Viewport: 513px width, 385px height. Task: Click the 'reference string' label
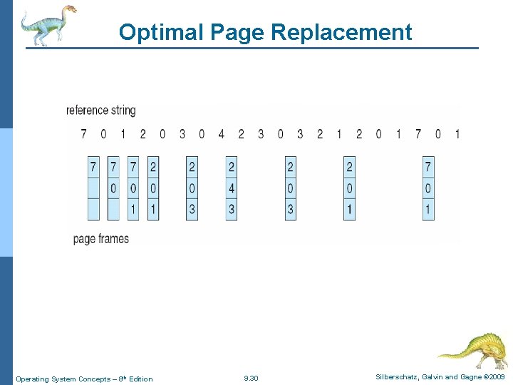[100, 111]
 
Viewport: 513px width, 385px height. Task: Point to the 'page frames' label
[101, 239]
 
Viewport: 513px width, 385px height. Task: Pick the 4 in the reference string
[221, 134]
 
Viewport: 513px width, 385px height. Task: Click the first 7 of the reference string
[83, 134]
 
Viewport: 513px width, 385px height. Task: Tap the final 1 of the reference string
[457, 134]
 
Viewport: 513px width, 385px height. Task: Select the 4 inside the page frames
[232, 188]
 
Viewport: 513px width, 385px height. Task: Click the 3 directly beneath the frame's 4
[232, 210]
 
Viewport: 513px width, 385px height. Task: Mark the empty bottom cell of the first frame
[93, 210]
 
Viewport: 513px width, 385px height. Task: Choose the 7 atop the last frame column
[428, 167]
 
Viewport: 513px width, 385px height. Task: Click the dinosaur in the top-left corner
[46, 25]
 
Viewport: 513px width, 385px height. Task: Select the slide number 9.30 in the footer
[251, 379]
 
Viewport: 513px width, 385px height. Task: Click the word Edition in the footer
[140, 379]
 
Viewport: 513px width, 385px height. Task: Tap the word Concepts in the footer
[89, 379]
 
